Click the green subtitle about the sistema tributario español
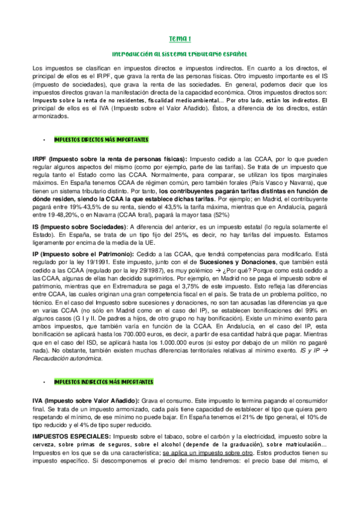click(x=180, y=54)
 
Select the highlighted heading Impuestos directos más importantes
click(x=101, y=140)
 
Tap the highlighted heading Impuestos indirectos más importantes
click(x=103, y=382)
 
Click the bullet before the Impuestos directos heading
click(x=44, y=140)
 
